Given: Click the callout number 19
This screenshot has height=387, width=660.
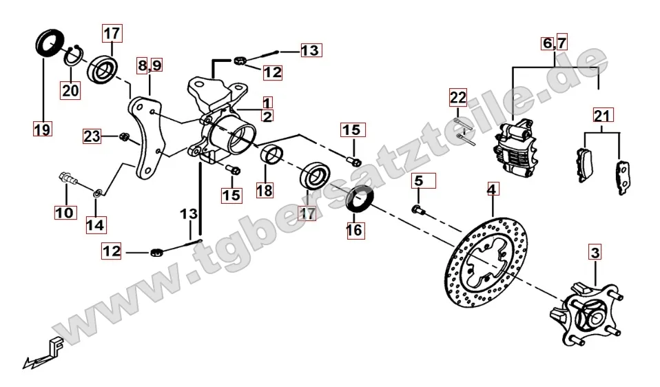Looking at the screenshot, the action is [x=42, y=129].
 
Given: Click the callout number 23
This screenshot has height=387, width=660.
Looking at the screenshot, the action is [x=92, y=136].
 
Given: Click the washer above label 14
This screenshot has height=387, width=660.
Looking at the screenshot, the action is [x=97, y=193].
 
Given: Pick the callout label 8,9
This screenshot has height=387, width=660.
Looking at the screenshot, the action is [x=150, y=65].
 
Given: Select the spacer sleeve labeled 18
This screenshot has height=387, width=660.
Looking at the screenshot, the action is [x=272, y=154].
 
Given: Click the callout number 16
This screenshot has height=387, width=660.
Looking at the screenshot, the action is [x=354, y=230].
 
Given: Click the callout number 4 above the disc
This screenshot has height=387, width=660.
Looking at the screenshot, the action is [x=492, y=189].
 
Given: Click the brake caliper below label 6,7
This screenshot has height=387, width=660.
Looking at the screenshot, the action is [x=516, y=147].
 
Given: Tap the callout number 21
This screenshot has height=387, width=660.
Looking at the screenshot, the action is [x=603, y=115].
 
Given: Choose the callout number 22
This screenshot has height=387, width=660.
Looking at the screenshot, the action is [x=458, y=98].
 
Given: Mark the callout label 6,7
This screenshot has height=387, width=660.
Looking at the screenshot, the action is [x=555, y=43].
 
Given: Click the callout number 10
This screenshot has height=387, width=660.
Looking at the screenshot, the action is [x=64, y=212].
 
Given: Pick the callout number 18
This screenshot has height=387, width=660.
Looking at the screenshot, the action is [x=265, y=191].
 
